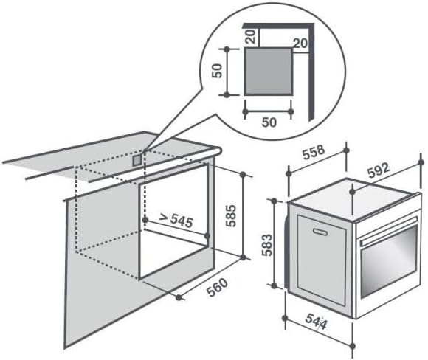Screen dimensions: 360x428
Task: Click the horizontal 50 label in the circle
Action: [269, 123]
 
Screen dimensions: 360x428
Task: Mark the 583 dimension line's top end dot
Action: [275, 200]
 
